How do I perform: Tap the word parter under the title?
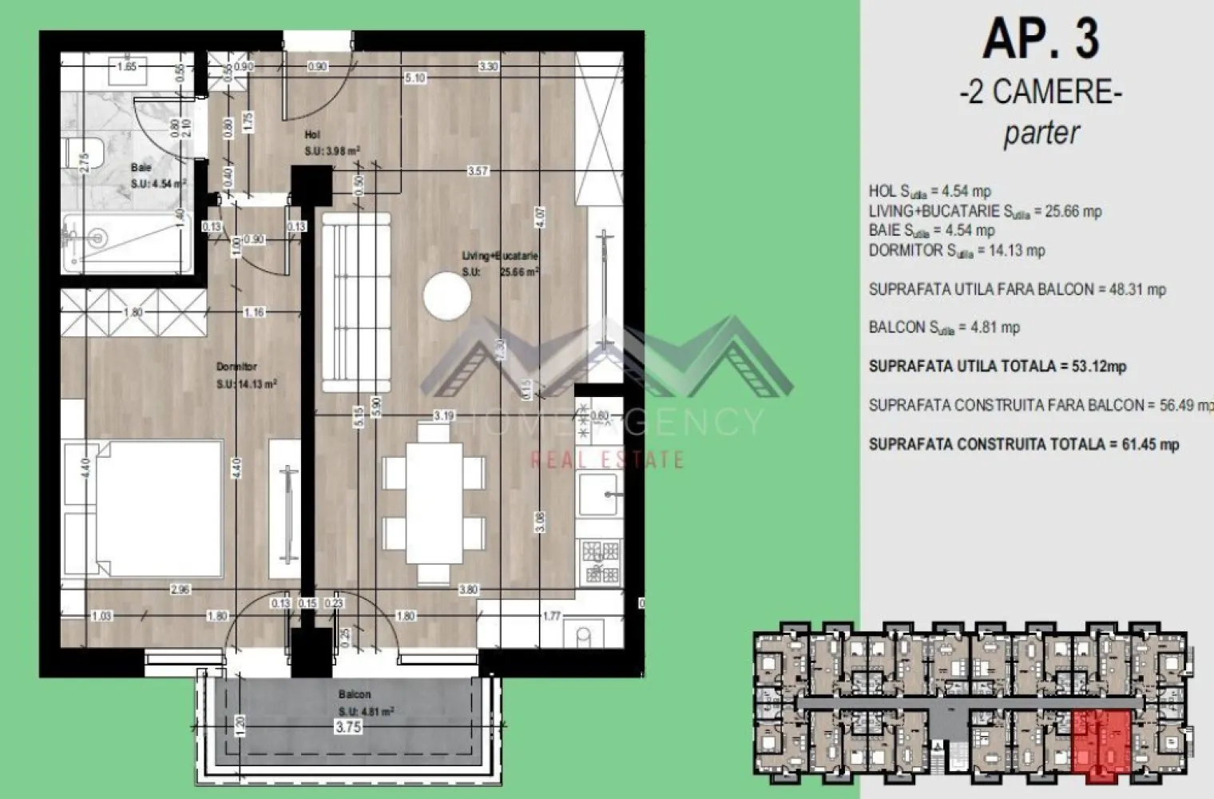pos(1041,133)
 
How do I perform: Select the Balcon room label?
pos(354,694)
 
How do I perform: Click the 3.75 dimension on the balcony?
pos(349,726)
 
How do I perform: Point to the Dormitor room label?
pos(236,367)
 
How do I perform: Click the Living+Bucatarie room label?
pos(499,256)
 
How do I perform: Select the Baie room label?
pos(141,168)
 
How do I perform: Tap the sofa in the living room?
pos(355,302)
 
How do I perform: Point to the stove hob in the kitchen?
pos(601,562)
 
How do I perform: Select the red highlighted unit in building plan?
pos(1102,743)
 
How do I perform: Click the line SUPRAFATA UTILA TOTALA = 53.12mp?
pos(997,367)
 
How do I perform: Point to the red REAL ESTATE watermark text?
pos(608,459)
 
